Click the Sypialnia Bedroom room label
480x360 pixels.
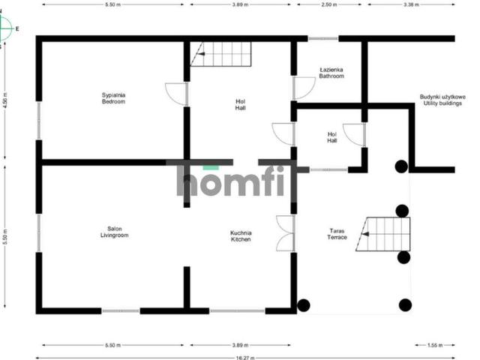pyautogui.click(x=114, y=97)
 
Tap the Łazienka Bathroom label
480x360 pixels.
pyautogui.click(x=331, y=73)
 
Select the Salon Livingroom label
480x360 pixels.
pyautogui.click(x=115, y=232)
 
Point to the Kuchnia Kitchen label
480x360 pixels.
pyautogui.click(x=241, y=235)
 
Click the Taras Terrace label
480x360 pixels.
pyautogui.click(x=336, y=234)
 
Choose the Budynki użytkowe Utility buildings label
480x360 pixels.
pyautogui.click(x=442, y=100)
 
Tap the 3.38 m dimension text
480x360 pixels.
pyautogui.click(x=410, y=4)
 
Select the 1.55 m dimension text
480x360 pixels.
pyautogui.click(x=434, y=346)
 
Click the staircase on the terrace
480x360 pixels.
pyautogui.click(x=386, y=234)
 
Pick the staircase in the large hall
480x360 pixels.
pyautogui.click(x=220, y=54)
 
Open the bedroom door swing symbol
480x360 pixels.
pyautogui.click(x=177, y=93)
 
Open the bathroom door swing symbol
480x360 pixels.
pyautogui.click(x=304, y=88)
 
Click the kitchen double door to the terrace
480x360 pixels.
pyautogui.click(x=284, y=232)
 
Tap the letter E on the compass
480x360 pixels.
pyautogui.click(x=17, y=29)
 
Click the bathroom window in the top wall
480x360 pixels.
pyautogui.click(x=322, y=38)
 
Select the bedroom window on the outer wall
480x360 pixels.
pyautogui.click(x=38, y=120)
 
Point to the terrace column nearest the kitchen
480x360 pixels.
pyautogui.click(x=304, y=304)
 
